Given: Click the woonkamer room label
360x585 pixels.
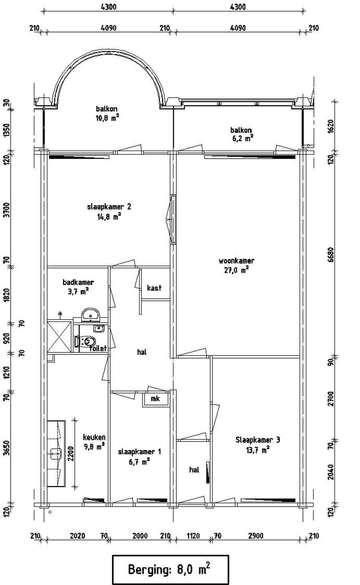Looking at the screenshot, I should tap(236, 261).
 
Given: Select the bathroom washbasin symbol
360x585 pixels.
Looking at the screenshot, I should tap(90, 314).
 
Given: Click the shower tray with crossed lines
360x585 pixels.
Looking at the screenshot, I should tap(59, 336).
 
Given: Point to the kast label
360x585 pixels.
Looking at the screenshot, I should tap(154, 288).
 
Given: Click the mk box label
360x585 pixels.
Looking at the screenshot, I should tap(155, 399).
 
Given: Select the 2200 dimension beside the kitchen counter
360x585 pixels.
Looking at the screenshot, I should tap(71, 454).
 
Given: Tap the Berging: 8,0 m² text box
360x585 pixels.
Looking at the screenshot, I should tap(170, 569).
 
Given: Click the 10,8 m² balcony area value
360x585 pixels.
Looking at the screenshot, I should tap(107, 118).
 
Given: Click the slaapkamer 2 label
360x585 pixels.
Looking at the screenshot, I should tap(109, 207).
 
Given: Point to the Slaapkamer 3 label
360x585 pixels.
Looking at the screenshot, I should tap(258, 440).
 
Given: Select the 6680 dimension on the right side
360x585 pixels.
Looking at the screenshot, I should tap(330, 254).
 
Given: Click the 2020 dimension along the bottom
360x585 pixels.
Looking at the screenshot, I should tap(77, 536).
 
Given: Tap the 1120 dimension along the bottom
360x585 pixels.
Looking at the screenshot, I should tap(193, 536).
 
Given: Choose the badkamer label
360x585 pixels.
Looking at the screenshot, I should tap(78, 282).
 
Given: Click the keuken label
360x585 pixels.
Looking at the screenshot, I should tap(94, 437).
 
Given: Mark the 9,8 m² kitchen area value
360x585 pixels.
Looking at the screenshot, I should tap(94, 447).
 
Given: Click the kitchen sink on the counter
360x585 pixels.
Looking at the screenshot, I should tap(56, 453).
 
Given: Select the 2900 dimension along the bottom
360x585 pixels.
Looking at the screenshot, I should tap(256, 536).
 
